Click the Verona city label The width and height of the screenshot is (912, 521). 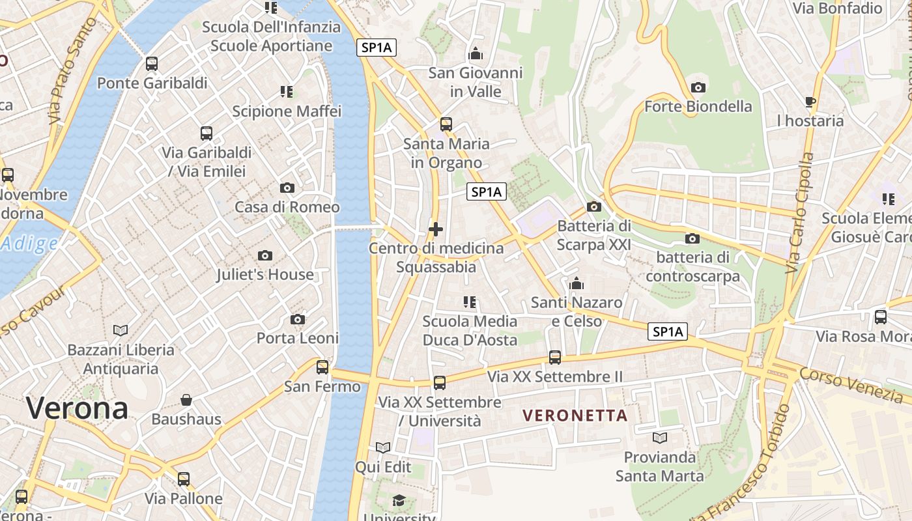pyautogui.click(x=77, y=408)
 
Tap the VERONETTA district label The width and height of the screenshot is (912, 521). pyautogui.click(x=575, y=415)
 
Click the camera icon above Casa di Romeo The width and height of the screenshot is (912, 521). pyautogui.click(x=287, y=188)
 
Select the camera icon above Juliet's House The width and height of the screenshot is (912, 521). pyautogui.click(x=265, y=255)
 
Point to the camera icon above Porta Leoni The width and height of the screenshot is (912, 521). pyautogui.click(x=298, y=319)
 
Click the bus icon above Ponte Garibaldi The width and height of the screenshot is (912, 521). pyautogui.click(x=152, y=64)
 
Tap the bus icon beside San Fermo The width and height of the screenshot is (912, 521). pyautogui.click(x=322, y=367)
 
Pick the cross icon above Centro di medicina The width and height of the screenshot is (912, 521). pyautogui.click(x=436, y=229)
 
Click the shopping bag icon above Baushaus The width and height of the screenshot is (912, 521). pyautogui.click(x=186, y=399)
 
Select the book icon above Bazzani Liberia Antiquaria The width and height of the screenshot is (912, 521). pyautogui.click(x=121, y=330)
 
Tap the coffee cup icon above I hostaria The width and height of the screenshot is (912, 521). pyautogui.click(x=810, y=102)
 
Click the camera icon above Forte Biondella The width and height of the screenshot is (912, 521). pyautogui.click(x=698, y=87)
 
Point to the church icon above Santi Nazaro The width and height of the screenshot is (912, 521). pyautogui.click(x=577, y=283)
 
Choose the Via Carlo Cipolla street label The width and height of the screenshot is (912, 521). pyautogui.click(x=801, y=213)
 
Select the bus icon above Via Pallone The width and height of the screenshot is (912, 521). pyautogui.click(x=184, y=479)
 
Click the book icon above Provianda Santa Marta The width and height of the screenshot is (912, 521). pyautogui.click(x=660, y=438)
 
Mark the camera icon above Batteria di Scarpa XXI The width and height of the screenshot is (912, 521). pyautogui.click(x=593, y=207)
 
